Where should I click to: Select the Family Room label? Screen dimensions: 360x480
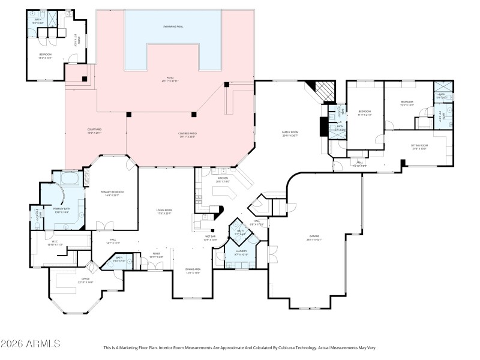(x=290, y=133)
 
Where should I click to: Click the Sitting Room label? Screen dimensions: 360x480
(x=419, y=146)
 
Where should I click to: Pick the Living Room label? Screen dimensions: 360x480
(x=164, y=212)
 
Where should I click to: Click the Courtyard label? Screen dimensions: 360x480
(x=95, y=131)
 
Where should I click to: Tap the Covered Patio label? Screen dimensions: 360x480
(x=187, y=135)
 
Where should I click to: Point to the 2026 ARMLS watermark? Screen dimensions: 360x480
(x=30, y=344)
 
